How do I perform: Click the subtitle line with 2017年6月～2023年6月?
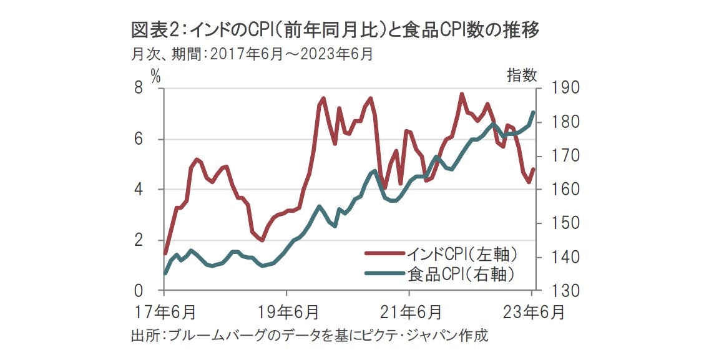point(252,54)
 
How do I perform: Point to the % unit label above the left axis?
point(155,76)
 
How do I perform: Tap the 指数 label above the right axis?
point(521,76)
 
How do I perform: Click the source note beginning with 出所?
point(309,336)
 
